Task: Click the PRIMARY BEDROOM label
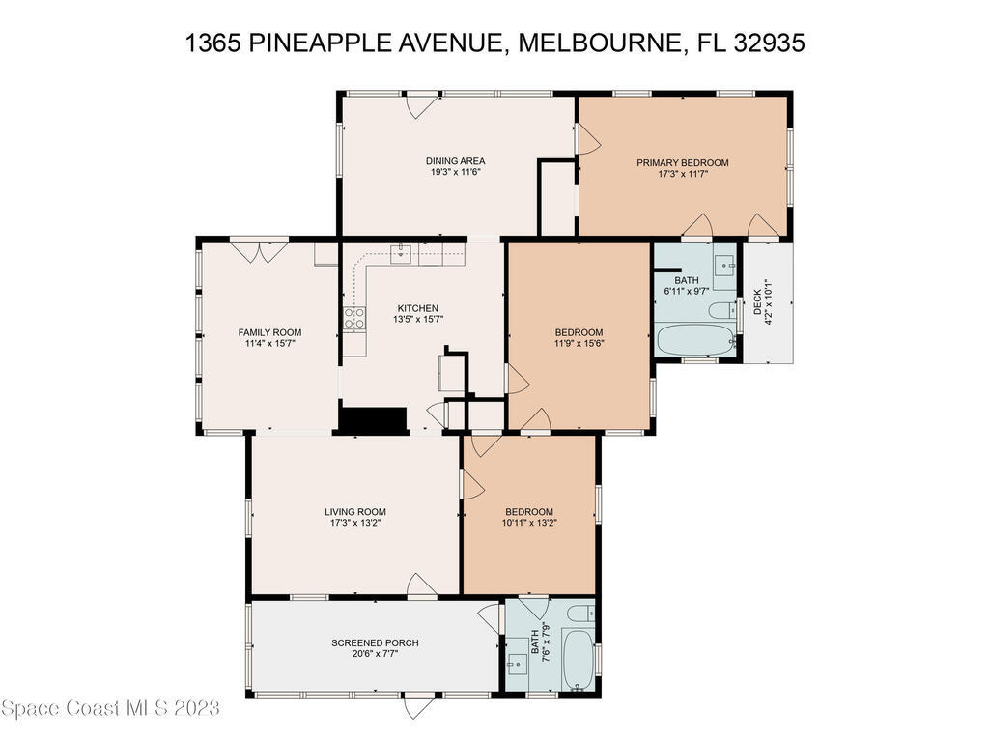tap(682, 162)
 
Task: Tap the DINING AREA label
tap(455, 161)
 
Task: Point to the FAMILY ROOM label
tap(263, 332)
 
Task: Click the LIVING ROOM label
tap(354, 512)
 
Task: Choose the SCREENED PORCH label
tap(375, 642)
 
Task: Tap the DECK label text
tap(757, 302)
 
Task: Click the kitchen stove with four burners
tap(354, 318)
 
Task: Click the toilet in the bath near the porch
tap(580, 613)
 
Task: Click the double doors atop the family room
tap(259, 250)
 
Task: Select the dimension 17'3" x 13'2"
tap(354, 524)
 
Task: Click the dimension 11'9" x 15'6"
tap(579, 343)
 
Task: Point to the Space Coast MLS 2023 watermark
tap(110, 709)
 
